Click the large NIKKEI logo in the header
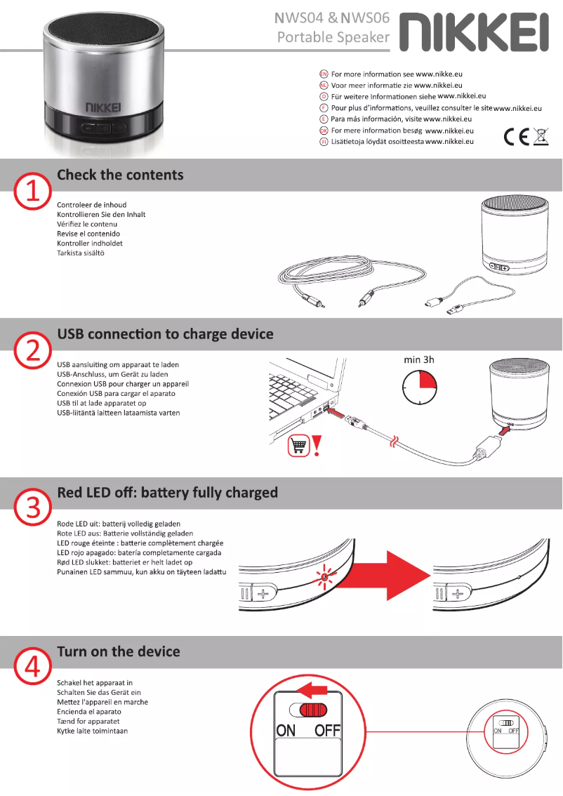point(474,32)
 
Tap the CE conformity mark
point(516,137)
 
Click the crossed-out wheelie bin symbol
point(541,137)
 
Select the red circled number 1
point(32,192)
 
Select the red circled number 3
point(32,507)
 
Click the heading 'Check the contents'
point(120,175)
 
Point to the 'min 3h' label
point(419,359)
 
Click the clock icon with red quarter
point(419,387)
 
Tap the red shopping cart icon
point(298,445)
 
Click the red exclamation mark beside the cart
point(317,446)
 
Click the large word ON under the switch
point(286,731)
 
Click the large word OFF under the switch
point(327,731)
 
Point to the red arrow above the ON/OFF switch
point(311,689)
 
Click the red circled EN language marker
point(324,74)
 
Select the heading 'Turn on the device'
point(118,652)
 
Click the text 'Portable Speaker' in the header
point(333,37)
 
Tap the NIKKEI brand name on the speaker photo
point(103,107)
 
